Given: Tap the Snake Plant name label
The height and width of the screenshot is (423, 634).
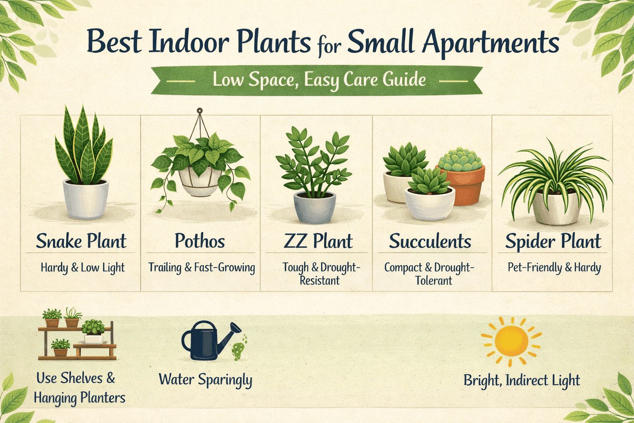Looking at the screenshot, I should point(81,241).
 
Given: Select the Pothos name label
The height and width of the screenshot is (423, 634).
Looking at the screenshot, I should point(200,241).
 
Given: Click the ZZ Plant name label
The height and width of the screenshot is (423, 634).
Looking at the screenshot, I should point(318,241).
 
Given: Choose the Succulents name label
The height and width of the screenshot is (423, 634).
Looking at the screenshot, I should point(430,241).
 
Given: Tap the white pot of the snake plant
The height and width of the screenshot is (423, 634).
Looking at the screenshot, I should point(85,200).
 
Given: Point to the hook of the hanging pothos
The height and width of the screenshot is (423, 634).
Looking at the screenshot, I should point(200,111).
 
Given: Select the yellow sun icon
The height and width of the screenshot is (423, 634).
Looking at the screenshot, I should point(511,341).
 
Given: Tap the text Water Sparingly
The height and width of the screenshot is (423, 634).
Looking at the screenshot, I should point(205,380).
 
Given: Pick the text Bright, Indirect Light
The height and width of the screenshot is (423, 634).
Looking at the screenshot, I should point(522,380).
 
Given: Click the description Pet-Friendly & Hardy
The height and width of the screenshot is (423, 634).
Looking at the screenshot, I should point(554,268).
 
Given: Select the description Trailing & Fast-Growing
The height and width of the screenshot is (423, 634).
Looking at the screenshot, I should point(201,268).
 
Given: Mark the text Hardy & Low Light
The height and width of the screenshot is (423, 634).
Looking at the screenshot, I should point(83,268).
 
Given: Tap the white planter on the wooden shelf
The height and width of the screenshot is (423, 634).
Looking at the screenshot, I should point(94,339).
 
